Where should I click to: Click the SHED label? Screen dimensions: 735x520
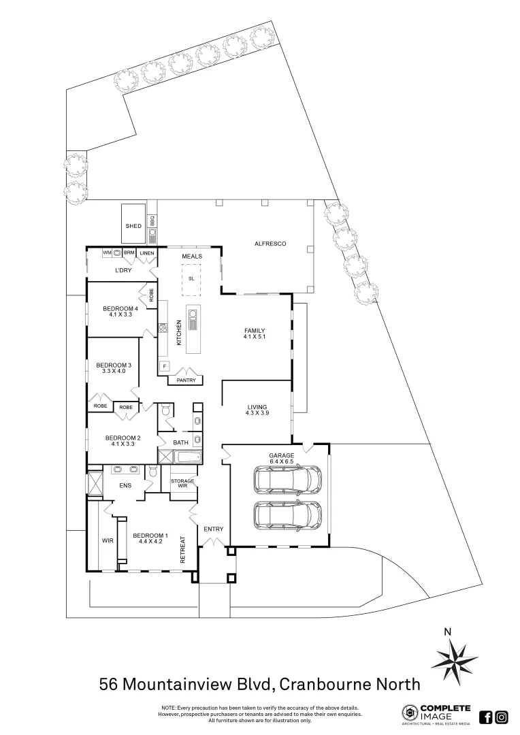click(133, 226)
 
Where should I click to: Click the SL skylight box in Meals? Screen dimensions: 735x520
click(192, 279)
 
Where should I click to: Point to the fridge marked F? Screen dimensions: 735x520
click(164, 366)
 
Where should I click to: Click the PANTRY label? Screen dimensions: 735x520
click(186, 380)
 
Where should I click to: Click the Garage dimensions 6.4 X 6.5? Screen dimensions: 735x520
click(281, 461)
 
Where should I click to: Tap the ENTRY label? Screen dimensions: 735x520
click(213, 529)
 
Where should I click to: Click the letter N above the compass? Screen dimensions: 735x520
click(447, 632)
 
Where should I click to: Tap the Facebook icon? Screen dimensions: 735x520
click(486, 717)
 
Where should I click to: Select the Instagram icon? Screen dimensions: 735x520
click(502, 717)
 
